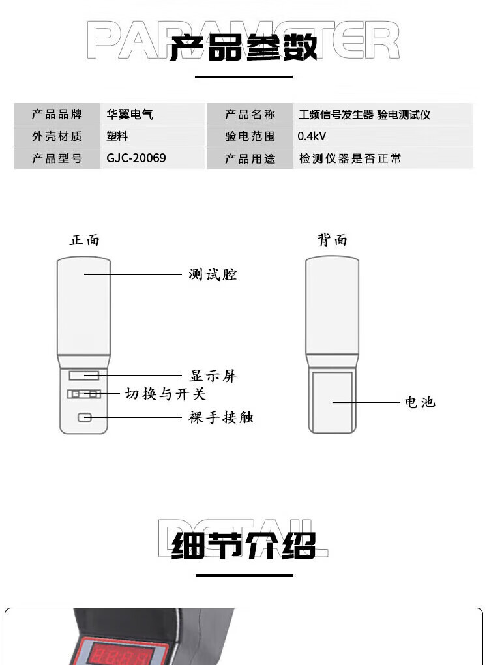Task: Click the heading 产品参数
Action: click(243, 46)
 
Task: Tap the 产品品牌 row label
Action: click(57, 114)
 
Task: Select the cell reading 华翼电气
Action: click(130, 114)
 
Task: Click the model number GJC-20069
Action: click(136, 158)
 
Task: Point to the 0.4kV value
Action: click(312, 136)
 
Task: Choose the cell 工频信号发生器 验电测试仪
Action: click(364, 115)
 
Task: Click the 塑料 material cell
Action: click(117, 136)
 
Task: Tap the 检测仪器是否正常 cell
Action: click(350, 158)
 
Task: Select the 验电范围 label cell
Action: click(250, 136)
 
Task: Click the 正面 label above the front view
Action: click(85, 240)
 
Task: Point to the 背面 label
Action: click(333, 240)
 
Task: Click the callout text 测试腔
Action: click(213, 274)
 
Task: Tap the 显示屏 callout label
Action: click(213, 376)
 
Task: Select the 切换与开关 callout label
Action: click(166, 394)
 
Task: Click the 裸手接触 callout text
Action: click(220, 417)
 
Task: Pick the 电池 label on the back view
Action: click(420, 402)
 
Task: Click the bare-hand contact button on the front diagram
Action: click(84, 418)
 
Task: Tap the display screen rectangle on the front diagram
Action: click(84, 376)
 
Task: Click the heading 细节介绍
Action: click(244, 546)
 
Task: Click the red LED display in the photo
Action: click(120, 653)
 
